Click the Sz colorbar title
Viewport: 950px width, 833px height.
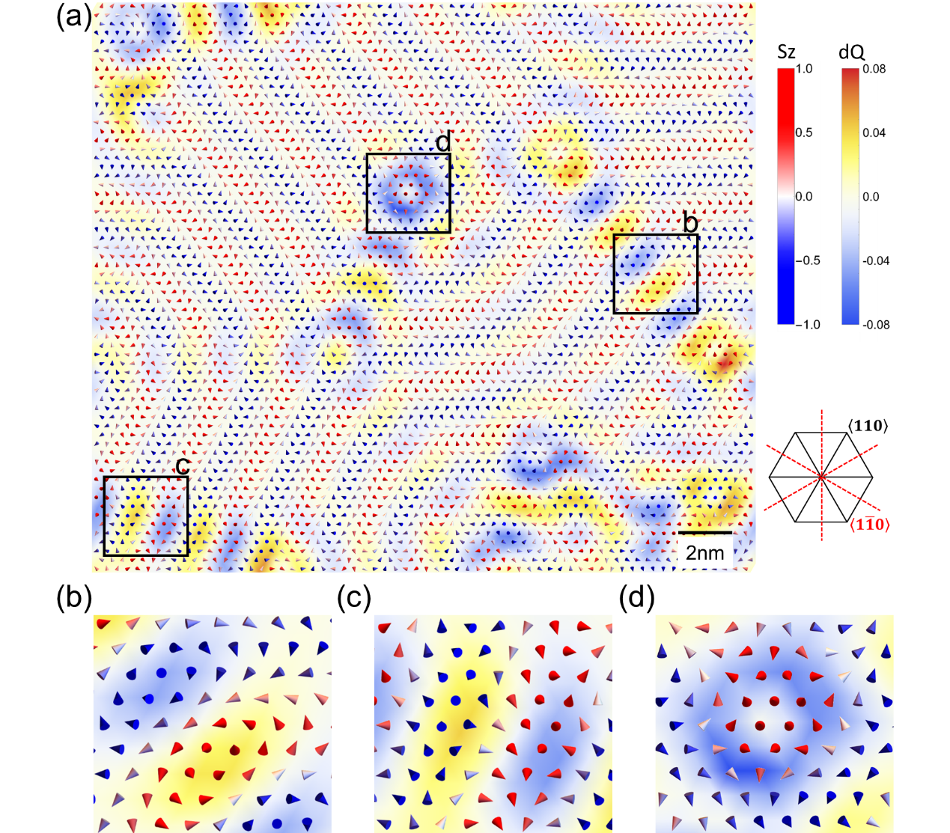[x=786, y=52]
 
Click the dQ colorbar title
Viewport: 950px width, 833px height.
[x=851, y=52]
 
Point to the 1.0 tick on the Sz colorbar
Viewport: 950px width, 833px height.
[x=803, y=69]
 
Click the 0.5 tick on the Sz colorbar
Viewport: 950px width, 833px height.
[x=803, y=132]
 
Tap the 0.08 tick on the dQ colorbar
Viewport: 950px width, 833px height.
[x=874, y=69]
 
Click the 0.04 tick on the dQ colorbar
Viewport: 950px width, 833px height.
[x=874, y=132]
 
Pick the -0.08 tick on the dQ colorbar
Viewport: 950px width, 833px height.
[x=875, y=324]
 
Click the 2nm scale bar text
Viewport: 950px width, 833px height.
[x=705, y=552]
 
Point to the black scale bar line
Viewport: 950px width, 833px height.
[x=705, y=533]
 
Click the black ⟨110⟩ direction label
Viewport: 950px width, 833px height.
[x=868, y=426]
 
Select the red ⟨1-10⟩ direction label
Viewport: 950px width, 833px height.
[x=869, y=525]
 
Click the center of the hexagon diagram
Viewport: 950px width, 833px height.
[x=821, y=476]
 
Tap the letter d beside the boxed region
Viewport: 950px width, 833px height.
[x=443, y=141]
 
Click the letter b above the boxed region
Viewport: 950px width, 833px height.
[x=690, y=222]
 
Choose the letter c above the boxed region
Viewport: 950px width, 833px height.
[x=182, y=466]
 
